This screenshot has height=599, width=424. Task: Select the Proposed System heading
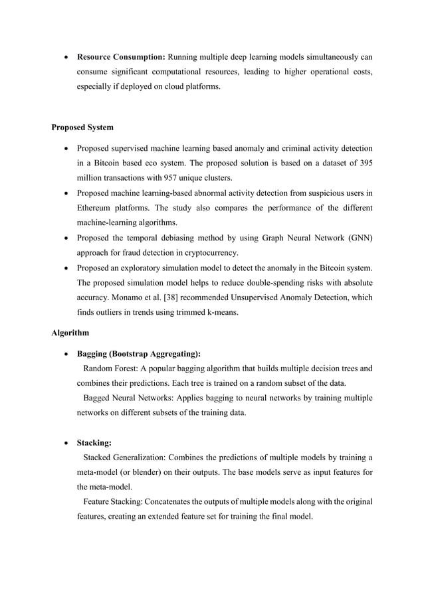(82, 127)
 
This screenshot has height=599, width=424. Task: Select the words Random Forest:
(110, 368)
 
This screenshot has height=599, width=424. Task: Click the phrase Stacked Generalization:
(125, 458)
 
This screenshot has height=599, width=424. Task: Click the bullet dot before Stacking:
(65, 443)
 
